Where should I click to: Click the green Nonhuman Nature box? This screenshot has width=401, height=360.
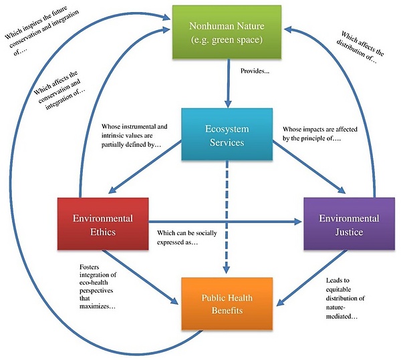229,31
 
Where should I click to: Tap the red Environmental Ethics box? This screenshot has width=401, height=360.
102,225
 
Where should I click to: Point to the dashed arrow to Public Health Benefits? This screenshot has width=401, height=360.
229,220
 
